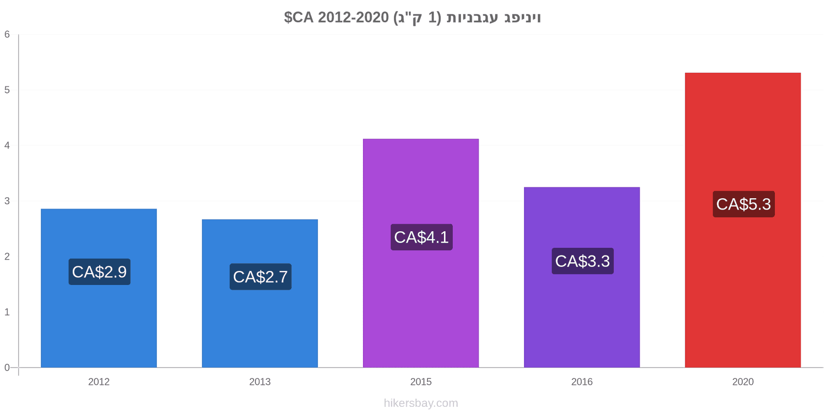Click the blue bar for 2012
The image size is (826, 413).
(x=99, y=288)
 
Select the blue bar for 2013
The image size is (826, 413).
(x=260, y=294)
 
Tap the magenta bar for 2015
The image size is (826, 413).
(x=421, y=253)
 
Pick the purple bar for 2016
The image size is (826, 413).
(x=582, y=277)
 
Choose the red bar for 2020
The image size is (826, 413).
(x=743, y=220)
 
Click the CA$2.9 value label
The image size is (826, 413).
(x=100, y=272)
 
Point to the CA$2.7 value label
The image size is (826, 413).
(x=261, y=277)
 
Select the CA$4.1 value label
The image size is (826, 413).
(x=421, y=237)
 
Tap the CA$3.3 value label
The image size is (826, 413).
(x=583, y=261)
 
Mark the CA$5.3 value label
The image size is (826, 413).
(x=744, y=204)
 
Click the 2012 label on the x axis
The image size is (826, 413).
(x=99, y=382)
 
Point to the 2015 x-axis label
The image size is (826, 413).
(x=421, y=382)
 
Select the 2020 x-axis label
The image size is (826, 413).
(x=743, y=382)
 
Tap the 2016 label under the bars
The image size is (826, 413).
(x=582, y=382)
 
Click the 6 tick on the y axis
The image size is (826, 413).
(x=7, y=34)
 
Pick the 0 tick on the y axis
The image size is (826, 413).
(x=7, y=368)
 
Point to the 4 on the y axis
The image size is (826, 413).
(x=7, y=145)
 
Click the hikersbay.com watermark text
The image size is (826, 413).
(x=421, y=403)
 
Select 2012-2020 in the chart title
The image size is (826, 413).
(x=353, y=18)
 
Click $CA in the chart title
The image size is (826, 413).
(x=299, y=18)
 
